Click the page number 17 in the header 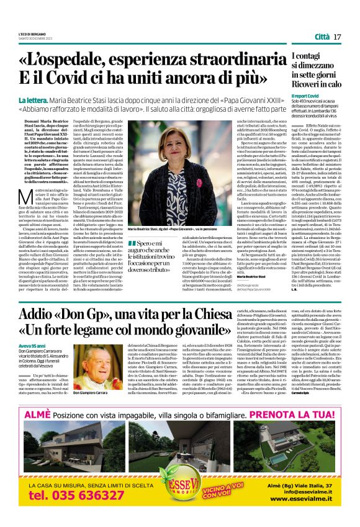[x=338, y=37]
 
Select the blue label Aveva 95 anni [x=32, y=345]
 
